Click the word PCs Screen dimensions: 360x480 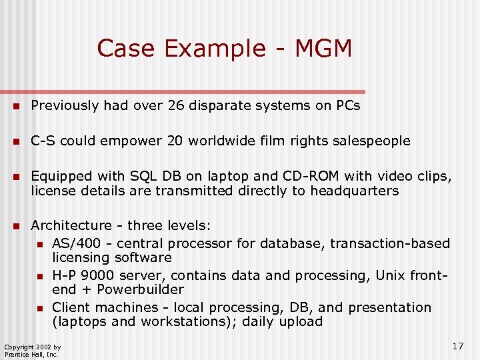347,105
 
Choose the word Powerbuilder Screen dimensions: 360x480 140,289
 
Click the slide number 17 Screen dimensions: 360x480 457,346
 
